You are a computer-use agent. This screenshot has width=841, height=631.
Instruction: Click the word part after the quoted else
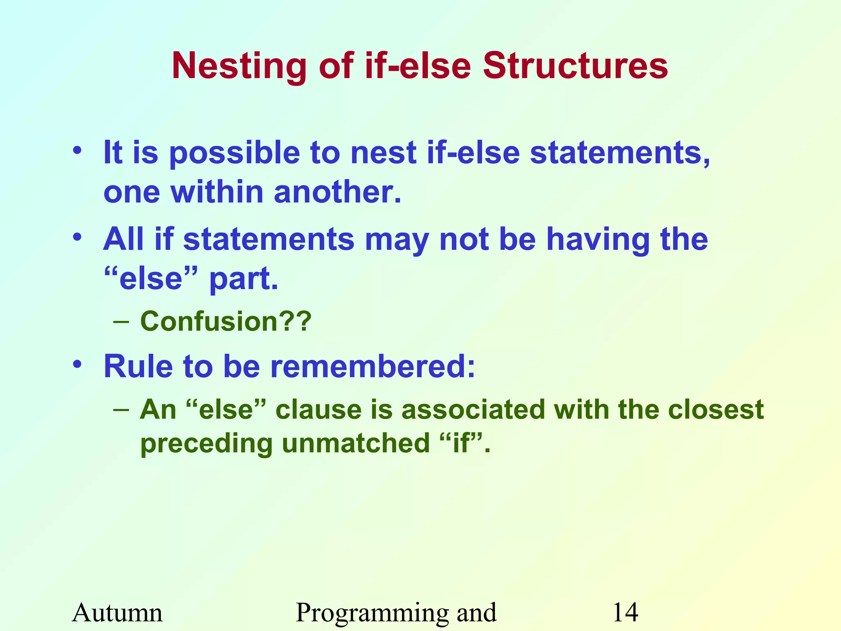243,279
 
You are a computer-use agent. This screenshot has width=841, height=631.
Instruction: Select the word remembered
372,366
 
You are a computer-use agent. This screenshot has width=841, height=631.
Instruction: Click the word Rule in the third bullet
138,366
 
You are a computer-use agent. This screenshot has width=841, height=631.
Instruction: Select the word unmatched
356,444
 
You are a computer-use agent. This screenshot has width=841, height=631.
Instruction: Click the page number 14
625,613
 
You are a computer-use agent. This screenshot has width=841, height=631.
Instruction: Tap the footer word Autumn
117,613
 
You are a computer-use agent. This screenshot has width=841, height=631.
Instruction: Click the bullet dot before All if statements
77,237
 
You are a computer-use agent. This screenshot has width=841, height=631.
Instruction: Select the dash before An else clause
122,410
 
